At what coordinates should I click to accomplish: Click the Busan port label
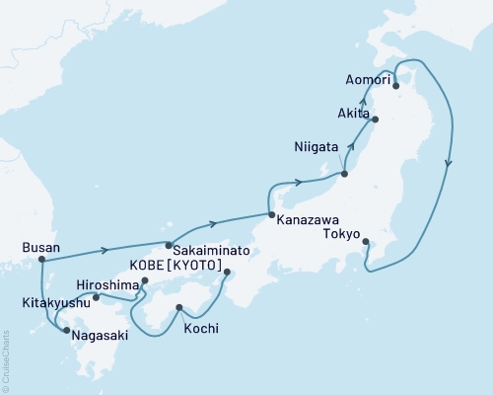(40, 248)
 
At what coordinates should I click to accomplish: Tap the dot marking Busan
(41, 260)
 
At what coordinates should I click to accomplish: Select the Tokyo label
(341, 234)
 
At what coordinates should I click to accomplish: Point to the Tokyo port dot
(366, 242)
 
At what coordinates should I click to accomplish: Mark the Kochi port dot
(178, 308)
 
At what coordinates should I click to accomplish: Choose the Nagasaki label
(95, 335)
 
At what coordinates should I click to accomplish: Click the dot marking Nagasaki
(66, 332)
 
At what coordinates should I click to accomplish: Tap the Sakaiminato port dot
(169, 245)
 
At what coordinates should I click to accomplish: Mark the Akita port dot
(375, 119)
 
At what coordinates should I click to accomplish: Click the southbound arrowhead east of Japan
(450, 164)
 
